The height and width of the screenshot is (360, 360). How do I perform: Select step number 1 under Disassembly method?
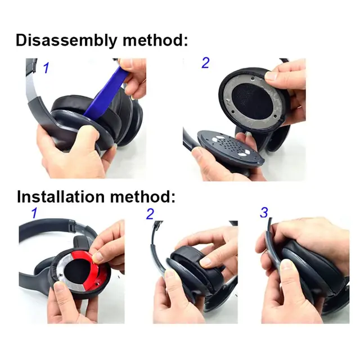click(46, 68)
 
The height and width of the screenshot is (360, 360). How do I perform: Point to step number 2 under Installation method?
click(150, 214)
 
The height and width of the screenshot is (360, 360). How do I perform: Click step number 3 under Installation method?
click(264, 213)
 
